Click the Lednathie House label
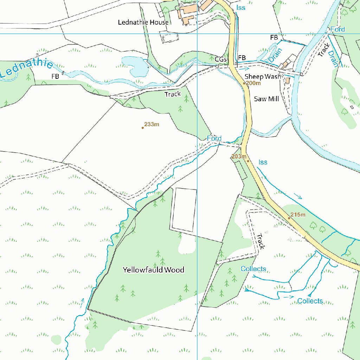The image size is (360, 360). pos(143,22)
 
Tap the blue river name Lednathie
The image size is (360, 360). pos(26,69)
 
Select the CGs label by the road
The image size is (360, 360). pos(220,59)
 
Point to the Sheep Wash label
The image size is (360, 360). pos(263,77)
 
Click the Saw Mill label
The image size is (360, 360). pos(266,99)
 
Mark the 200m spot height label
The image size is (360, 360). pos(253,83)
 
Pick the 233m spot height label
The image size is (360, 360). pos(152,124)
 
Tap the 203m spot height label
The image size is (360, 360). pos(238,156)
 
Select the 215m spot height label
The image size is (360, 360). pos(297,215)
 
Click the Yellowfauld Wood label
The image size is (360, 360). pos(153,270)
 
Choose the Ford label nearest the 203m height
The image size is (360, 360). pos(214,139)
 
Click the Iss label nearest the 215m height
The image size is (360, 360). pos(263,162)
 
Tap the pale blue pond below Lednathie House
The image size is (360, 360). pos(134,65)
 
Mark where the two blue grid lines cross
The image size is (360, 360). pos(197,34)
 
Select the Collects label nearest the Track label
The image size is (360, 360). pos(253,269)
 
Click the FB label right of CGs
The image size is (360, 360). pos(242,58)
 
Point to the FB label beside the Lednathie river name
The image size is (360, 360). pos(55,76)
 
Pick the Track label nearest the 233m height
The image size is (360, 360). pos(173,94)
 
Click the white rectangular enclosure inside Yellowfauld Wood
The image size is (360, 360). pos(184,210)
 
